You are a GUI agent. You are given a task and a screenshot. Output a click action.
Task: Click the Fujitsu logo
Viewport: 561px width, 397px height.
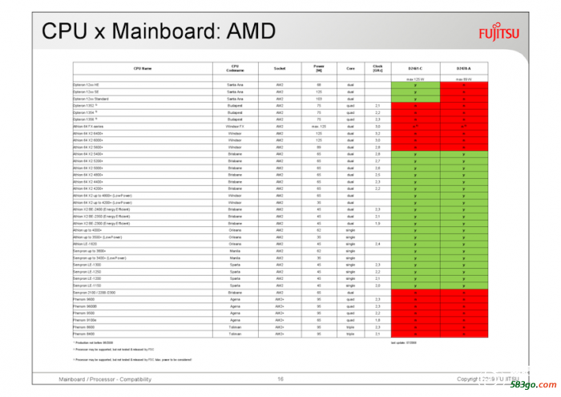click(499, 34)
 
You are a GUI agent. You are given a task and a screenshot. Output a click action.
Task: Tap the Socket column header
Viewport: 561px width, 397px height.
click(280, 69)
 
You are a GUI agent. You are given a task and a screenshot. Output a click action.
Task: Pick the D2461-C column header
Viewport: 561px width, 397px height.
click(414, 69)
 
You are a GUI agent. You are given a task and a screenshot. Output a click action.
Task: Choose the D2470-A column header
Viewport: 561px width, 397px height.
click(464, 69)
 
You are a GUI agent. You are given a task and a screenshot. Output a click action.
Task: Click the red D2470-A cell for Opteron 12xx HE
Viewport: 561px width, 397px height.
click(464, 85)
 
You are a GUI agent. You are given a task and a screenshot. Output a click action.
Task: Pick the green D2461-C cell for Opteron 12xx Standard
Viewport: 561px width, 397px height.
click(414, 99)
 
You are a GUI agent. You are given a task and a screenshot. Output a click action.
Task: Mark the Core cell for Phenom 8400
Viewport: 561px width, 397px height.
click(350, 333)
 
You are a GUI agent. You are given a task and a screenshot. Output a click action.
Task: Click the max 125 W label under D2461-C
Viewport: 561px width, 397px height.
click(414, 79)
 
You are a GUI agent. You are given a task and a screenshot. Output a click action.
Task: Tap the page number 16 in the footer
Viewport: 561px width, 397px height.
click(280, 379)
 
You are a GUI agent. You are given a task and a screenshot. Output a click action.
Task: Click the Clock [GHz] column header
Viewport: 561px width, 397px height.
click(377, 69)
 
